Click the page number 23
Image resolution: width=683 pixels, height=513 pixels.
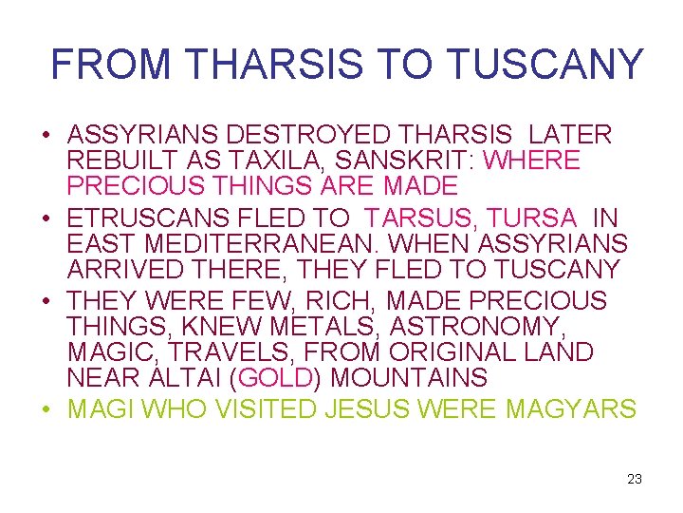635,479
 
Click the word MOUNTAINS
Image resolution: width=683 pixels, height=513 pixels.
409,378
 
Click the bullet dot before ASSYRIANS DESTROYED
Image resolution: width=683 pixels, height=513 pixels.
46,135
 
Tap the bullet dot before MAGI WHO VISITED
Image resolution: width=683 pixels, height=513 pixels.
46,410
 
